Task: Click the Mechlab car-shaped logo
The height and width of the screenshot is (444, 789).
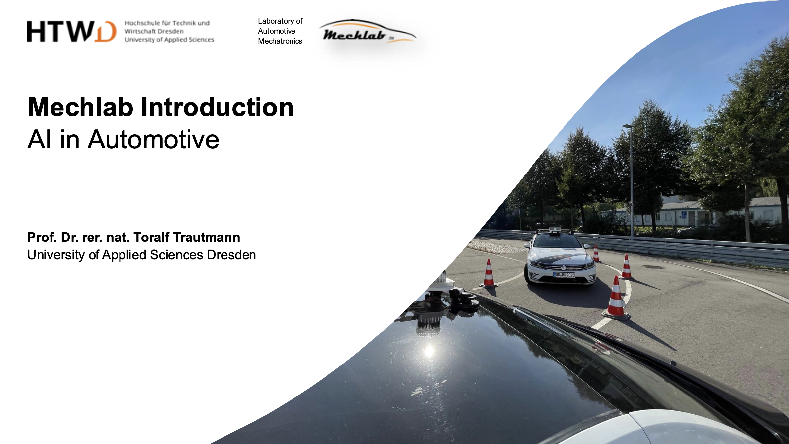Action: (x=367, y=32)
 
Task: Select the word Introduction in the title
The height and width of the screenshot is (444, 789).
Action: (x=217, y=108)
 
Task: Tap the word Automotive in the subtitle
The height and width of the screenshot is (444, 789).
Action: (x=153, y=140)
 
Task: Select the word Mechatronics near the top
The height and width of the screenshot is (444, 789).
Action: (x=280, y=41)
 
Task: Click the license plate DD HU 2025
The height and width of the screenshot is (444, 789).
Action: (x=564, y=275)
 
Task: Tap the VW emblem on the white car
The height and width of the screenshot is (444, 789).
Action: (x=564, y=268)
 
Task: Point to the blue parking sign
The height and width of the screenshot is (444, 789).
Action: (x=684, y=214)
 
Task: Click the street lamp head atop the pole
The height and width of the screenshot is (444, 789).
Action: (x=627, y=126)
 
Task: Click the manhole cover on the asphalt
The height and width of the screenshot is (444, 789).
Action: (x=653, y=267)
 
